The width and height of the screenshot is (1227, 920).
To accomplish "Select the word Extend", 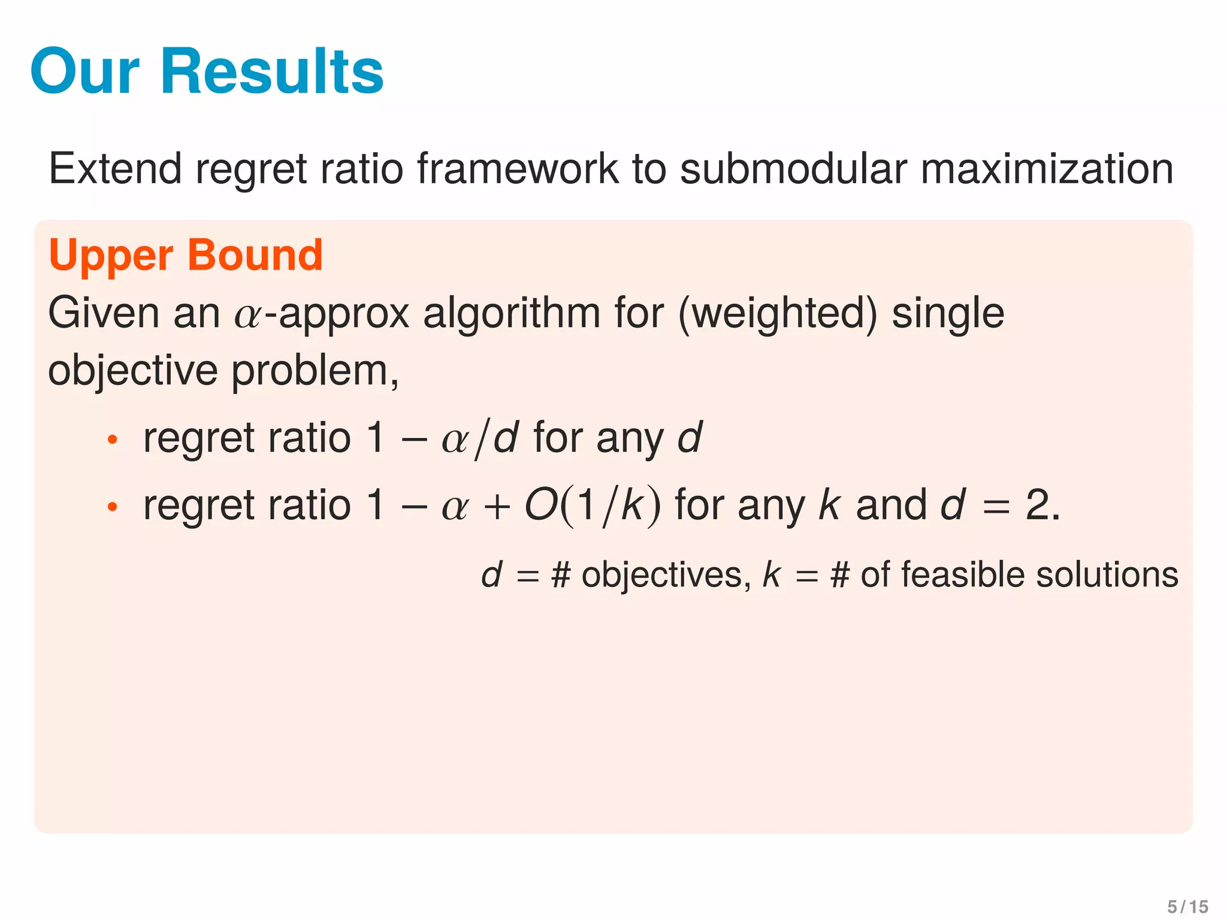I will click(x=115, y=168).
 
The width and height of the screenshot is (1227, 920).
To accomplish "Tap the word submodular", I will click(x=793, y=168).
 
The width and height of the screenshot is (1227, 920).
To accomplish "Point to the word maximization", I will click(x=1047, y=168).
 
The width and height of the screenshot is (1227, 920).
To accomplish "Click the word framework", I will click(x=518, y=168).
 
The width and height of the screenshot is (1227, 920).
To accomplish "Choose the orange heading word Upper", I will click(x=111, y=256).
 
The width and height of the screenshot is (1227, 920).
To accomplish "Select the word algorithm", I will click(x=512, y=314).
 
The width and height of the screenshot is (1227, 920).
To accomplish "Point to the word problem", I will click(x=315, y=372).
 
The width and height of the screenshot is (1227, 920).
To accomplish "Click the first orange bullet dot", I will click(x=112, y=440).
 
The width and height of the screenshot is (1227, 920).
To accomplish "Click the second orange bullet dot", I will click(x=112, y=507).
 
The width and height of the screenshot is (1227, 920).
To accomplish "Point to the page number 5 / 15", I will click(x=1187, y=906).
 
